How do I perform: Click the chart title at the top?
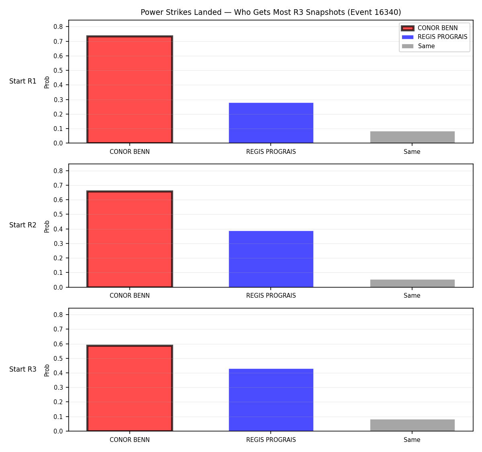pos(271,12)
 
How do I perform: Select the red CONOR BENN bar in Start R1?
pos(130,89)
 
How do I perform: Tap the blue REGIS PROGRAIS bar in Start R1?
pos(271,123)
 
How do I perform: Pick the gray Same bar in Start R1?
pos(412,137)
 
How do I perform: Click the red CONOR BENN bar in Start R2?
pos(130,239)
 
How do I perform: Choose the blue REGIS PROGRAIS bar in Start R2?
pos(271,259)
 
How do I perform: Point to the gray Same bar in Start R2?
pos(412,283)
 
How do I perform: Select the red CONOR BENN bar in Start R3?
pos(130,388)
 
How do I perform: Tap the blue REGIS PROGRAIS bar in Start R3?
pos(271,400)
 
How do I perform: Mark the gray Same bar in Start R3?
pos(412,425)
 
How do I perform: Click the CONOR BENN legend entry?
pos(429,28)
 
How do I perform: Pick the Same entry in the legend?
pos(418,46)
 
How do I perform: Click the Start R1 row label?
pos(23,81)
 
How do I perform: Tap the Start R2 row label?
pos(23,225)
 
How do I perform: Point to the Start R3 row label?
pos(23,369)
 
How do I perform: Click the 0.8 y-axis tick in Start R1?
pos(58,27)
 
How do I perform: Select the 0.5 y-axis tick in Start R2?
pos(58,215)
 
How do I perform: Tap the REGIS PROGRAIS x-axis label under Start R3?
pos(271,440)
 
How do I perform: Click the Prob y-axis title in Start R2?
pos(47,227)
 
